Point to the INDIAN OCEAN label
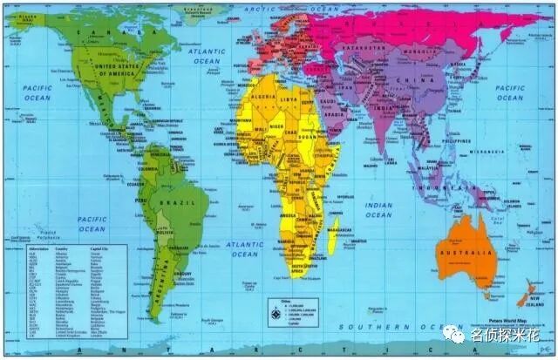click(x=379, y=209)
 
